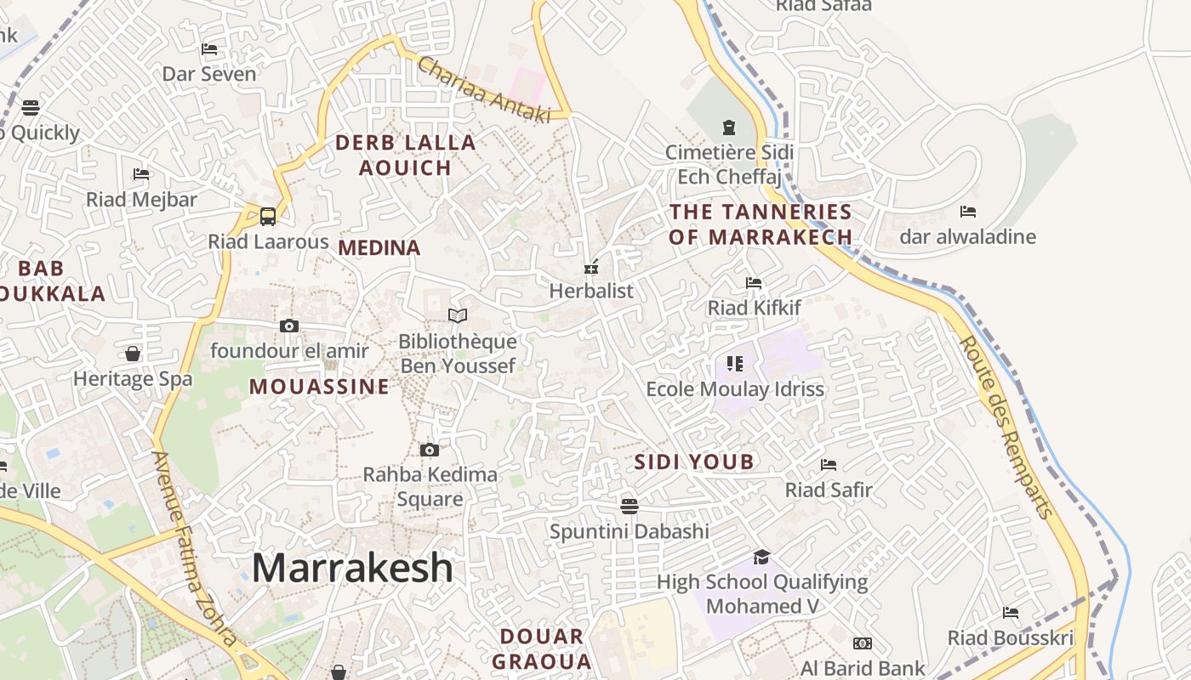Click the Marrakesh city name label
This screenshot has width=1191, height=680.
[x=352, y=568]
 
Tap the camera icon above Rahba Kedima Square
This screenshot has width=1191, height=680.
[x=430, y=450]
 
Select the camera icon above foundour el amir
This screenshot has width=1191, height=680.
[x=289, y=326]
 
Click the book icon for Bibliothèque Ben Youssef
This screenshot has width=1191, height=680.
[x=458, y=316]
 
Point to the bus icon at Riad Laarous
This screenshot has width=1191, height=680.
[x=268, y=216]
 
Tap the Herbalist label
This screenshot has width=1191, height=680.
[x=591, y=291]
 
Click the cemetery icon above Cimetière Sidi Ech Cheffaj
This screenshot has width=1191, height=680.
[x=729, y=127]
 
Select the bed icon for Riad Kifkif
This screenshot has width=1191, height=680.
[x=754, y=283]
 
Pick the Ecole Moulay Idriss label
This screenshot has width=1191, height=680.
[x=735, y=389]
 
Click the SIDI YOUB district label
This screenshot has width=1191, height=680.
[x=694, y=462]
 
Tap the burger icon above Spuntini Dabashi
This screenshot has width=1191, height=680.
[x=630, y=507]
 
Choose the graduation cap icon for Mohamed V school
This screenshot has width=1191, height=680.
[x=761, y=557]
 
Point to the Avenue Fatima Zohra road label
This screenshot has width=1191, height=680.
[x=194, y=548]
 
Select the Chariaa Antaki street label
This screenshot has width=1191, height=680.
[x=483, y=91]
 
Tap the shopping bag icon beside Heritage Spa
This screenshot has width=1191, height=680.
[x=133, y=353]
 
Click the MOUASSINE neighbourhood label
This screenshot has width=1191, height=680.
[x=319, y=388]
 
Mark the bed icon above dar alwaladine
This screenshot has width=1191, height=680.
[x=967, y=212]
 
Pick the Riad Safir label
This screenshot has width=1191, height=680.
[x=829, y=490]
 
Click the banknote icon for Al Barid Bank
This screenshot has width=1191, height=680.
[x=863, y=643]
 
